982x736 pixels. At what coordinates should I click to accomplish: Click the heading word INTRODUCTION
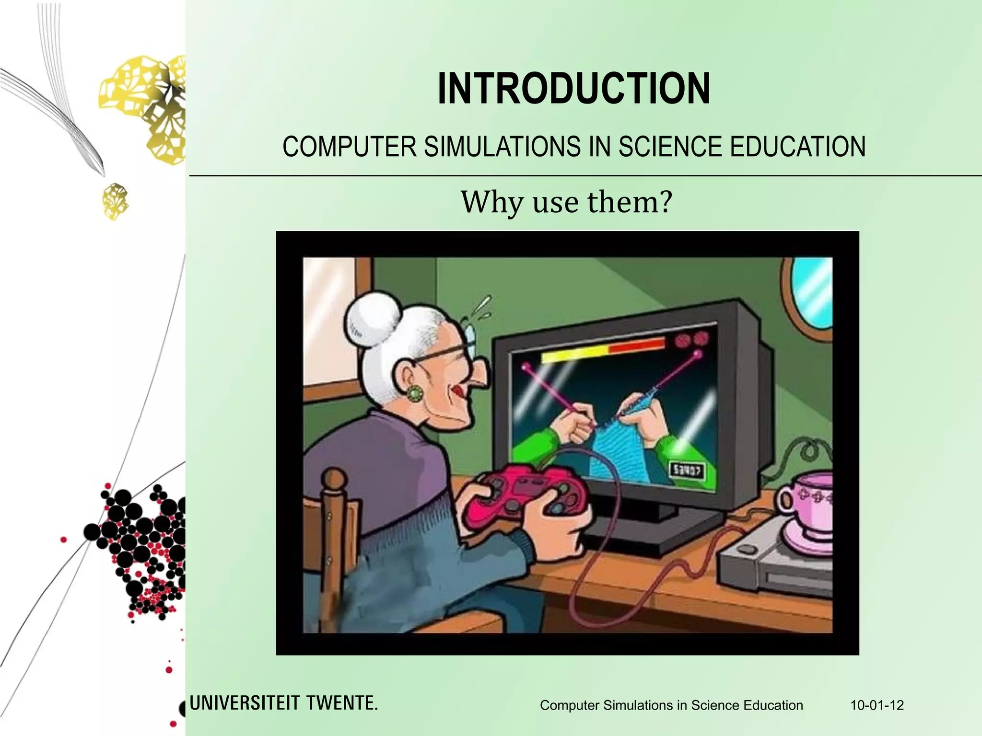click(x=573, y=89)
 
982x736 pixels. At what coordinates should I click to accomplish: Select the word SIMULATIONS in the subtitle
click(x=502, y=147)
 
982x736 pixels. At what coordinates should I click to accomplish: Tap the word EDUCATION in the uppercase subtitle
click(x=797, y=147)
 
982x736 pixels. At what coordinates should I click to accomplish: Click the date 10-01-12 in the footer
click(x=877, y=705)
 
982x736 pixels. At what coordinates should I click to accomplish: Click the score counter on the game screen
click(x=687, y=471)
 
